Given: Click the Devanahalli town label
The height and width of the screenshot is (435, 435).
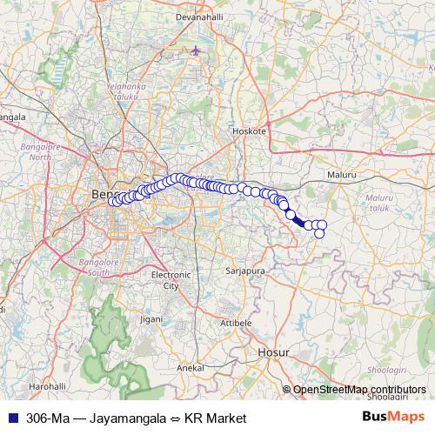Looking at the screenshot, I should (x=200, y=17).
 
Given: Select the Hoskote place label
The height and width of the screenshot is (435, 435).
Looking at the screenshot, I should (x=248, y=130).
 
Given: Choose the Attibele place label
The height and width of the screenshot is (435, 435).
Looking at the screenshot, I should (x=235, y=322).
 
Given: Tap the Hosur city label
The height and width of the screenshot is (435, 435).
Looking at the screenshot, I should (x=272, y=352).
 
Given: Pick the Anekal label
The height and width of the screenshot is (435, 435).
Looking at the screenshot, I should (x=190, y=368).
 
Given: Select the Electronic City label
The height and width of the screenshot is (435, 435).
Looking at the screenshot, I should (x=164, y=279).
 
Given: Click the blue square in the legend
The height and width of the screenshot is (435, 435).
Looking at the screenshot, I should (x=13, y=418).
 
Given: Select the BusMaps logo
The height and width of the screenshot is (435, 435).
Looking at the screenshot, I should (x=393, y=418).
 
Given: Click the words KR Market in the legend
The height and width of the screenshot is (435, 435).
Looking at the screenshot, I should (x=216, y=418).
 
